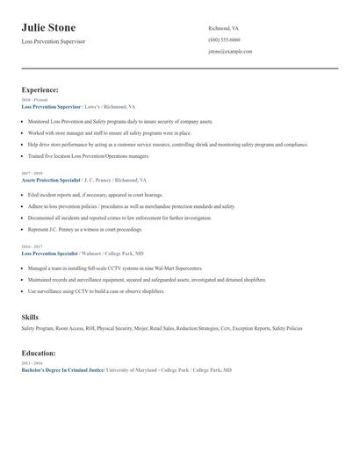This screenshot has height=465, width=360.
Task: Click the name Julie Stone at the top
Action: click(x=48, y=27)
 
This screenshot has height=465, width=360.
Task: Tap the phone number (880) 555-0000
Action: click(x=224, y=39)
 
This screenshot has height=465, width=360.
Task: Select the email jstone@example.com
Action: click(x=230, y=52)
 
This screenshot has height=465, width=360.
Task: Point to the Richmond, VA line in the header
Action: click(x=223, y=28)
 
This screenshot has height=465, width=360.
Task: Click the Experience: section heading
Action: click(x=40, y=89)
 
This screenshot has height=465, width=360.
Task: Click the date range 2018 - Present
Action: click(x=32, y=100)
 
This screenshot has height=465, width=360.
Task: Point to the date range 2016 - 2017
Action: click(x=31, y=247)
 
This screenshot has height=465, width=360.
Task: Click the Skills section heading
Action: click(x=31, y=315)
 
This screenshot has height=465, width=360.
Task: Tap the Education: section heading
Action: click(x=39, y=353)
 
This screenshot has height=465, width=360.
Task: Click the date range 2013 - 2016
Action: click(x=31, y=363)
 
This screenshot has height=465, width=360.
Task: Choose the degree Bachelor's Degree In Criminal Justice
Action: click(x=62, y=370)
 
